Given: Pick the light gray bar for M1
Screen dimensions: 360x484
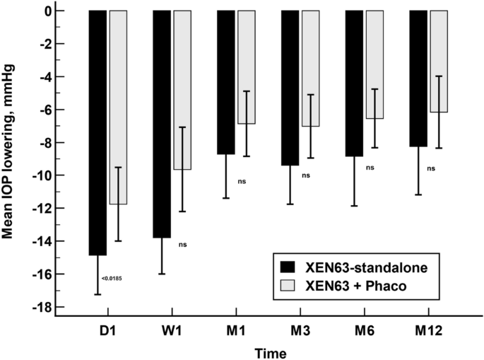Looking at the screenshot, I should click(246, 67).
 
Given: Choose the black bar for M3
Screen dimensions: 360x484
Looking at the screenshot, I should click(290, 88).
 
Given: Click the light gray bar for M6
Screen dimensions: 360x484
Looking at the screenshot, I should click(374, 64).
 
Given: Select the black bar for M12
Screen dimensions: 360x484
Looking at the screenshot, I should click(418, 79).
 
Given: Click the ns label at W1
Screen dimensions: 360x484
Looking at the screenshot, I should click(182, 245).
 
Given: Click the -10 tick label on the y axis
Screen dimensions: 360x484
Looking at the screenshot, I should click(42, 175).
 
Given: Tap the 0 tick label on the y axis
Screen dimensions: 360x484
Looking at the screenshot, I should click(47, 11).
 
